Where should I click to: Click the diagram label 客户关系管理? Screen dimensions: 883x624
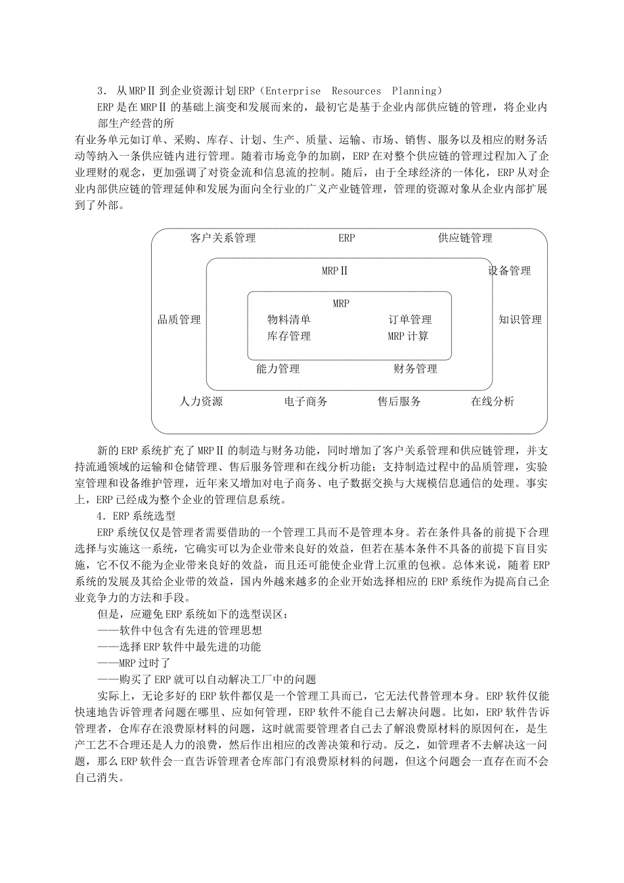click(x=223, y=238)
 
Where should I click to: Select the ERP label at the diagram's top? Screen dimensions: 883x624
click(x=347, y=238)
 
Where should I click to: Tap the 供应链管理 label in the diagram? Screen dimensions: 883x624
click(x=465, y=238)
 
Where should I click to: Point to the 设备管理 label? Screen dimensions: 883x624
click(x=509, y=271)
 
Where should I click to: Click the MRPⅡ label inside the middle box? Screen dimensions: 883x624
click(x=335, y=271)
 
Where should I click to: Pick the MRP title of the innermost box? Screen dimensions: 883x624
click(x=341, y=304)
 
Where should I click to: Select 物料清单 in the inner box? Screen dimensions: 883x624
click(x=289, y=320)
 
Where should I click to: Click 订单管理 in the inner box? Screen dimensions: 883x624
click(x=410, y=320)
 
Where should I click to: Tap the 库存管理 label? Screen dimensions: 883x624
click(x=289, y=336)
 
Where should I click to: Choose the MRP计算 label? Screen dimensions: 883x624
click(x=408, y=336)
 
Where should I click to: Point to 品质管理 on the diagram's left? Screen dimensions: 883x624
click(x=179, y=320)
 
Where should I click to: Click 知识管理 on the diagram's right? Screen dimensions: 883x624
click(x=520, y=320)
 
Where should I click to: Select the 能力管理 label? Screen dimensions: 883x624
click(x=278, y=369)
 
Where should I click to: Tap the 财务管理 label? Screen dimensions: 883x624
click(x=415, y=369)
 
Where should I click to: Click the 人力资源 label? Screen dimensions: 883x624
click(x=201, y=401)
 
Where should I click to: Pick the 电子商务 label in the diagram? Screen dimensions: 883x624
click(x=306, y=401)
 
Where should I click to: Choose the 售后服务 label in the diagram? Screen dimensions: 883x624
click(x=399, y=401)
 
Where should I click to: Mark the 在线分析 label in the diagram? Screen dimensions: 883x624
click(x=493, y=401)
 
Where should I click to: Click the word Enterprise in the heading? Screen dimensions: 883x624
click(x=294, y=91)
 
